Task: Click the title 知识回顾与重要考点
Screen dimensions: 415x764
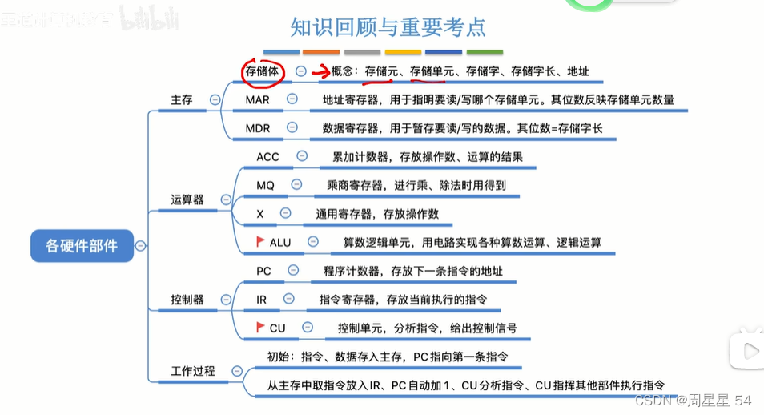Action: point(388,27)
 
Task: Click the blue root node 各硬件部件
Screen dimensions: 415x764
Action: point(82,245)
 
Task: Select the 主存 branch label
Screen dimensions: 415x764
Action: point(182,99)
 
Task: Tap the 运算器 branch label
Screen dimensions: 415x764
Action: point(187,199)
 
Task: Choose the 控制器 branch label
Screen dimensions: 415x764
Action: point(187,300)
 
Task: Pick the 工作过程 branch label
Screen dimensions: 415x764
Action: point(193,371)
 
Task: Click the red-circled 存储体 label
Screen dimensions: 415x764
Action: point(261,71)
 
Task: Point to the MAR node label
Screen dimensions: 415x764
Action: point(257,99)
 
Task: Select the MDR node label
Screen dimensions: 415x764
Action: point(257,128)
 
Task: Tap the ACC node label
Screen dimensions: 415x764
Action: point(267,157)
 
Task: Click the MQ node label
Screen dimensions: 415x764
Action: point(265,185)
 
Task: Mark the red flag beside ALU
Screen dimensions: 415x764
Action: point(260,240)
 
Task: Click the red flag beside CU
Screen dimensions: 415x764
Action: point(260,327)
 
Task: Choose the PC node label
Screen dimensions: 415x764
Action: point(263,271)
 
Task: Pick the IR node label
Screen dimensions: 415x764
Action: point(261,300)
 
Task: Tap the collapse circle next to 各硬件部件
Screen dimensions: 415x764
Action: point(141,245)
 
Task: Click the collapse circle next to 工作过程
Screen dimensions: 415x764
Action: point(236,371)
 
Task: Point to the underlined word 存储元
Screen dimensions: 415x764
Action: point(381,71)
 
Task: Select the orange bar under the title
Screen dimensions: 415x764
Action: point(319,52)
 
